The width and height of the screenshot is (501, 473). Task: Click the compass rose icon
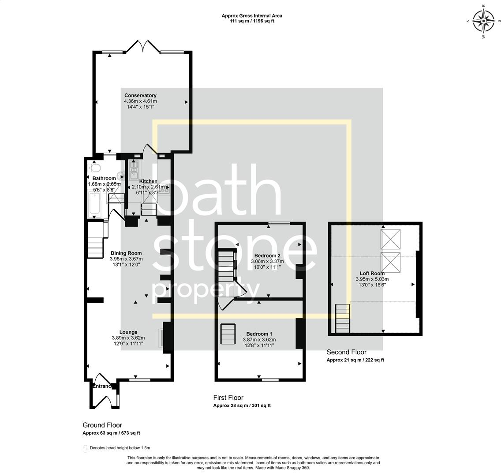coord(484,21)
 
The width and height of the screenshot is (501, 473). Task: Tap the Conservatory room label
coord(140,95)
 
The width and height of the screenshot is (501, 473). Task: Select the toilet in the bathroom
coord(95,168)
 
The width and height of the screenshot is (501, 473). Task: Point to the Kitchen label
coord(148,181)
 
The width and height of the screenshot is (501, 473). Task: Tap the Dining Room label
coord(126,253)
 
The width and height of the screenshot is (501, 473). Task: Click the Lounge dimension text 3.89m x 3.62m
coord(128,338)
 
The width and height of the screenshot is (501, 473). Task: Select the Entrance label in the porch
coord(101,386)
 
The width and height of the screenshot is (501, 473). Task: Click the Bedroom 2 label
coord(267,255)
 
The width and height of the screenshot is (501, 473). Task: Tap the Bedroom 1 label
coord(259,334)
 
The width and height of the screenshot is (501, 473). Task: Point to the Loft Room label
coord(372,273)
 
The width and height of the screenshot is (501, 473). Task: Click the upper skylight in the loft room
coord(390,239)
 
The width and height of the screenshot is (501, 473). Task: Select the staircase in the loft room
coord(343,319)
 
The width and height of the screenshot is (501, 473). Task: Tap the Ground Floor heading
coord(102,425)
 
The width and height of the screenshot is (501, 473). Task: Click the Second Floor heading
coord(346,352)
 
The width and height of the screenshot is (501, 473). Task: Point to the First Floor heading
coord(228,398)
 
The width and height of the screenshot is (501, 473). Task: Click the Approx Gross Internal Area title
coord(251,16)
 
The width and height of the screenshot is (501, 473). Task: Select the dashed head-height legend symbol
coord(86,449)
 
